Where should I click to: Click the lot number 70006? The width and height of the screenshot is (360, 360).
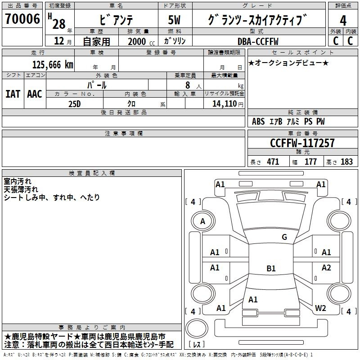tap(22, 19)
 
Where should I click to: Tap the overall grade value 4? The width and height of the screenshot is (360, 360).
tap(343, 21)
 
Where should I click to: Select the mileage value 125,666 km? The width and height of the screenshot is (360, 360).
tap(53, 65)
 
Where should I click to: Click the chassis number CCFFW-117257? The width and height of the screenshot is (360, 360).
tap(302, 143)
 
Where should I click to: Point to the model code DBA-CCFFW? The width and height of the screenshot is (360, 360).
tap(258, 41)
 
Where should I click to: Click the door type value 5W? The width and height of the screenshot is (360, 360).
tap(174, 20)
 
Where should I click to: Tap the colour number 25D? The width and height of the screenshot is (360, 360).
tap(75, 104)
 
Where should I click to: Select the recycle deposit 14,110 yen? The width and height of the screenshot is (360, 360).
tap(228, 104)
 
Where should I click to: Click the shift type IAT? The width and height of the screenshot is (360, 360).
tap(13, 94)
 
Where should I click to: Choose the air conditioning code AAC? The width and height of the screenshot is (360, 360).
tap(35, 94)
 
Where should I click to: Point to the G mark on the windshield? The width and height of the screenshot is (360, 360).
tap(284, 237)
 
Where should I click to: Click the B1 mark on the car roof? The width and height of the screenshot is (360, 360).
tap(271, 268)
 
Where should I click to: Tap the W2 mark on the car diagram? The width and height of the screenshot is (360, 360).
tap(320, 308)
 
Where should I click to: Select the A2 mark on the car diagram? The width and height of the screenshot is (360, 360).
tap(326, 267)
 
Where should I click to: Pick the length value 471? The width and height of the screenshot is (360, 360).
tap(273, 162)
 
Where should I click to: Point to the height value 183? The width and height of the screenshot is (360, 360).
tap(346, 162)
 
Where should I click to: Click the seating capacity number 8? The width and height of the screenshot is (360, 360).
tap(188, 85)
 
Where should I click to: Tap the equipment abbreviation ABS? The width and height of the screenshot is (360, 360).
tap(258, 121)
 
